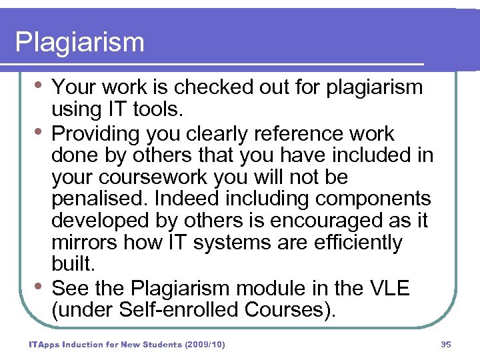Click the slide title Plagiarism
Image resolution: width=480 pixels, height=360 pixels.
(x=79, y=43)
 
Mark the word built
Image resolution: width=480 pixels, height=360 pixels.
(x=73, y=264)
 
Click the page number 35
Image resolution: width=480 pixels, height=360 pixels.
(x=446, y=345)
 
